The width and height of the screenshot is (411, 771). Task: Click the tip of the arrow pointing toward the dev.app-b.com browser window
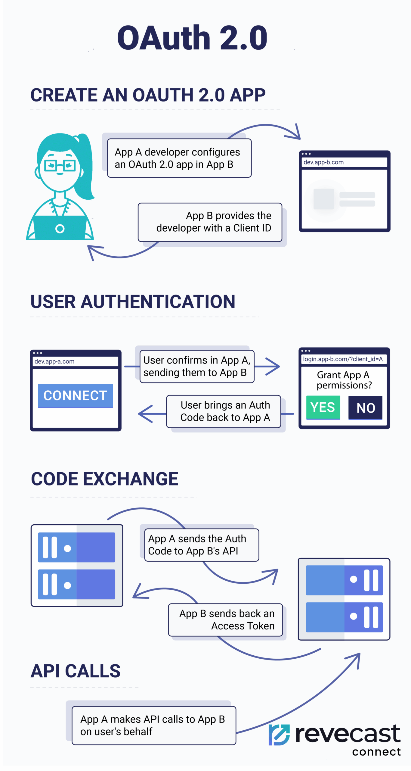click(x=300, y=139)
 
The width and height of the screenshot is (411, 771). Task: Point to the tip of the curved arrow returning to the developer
click(x=88, y=246)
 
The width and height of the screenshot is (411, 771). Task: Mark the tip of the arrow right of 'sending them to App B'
click(x=280, y=366)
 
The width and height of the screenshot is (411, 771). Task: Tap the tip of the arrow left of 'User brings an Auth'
click(x=138, y=414)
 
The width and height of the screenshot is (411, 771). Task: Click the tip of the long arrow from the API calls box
click(x=360, y=653)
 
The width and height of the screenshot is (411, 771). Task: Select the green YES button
click(x=323, y=407)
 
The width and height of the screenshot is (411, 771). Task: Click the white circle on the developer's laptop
click(x=60, y=229)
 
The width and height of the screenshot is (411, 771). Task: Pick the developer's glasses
click(x=60, y=165)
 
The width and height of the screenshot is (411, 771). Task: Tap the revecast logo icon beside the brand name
click(x=279, y=735)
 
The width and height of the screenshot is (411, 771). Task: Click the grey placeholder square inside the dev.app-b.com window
click(x=324, y=199)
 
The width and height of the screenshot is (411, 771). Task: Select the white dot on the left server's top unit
click(x=67, y=548)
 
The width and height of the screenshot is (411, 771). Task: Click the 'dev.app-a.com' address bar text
click(x=54, y=361)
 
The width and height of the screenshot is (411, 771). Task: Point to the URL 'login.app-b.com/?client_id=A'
click(x=343, y=359)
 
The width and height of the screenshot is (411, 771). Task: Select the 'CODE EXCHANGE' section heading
click(x=105, y=479)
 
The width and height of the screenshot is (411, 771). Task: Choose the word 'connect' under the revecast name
click(x=376, y=752)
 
